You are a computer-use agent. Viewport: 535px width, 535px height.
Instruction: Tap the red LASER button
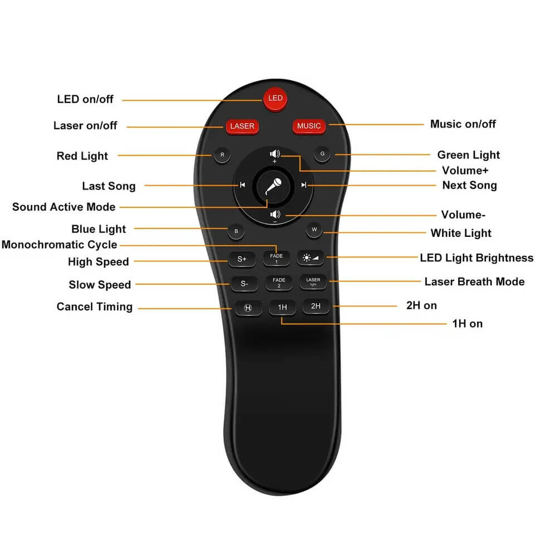point(242,126)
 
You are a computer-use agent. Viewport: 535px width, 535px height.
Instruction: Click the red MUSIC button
point(309,126)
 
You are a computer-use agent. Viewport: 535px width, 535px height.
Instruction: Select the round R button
point(222,155)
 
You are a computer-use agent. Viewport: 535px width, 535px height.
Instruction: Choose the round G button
point(322,153)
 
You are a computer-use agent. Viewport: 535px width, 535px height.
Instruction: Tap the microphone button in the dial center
point(273,185)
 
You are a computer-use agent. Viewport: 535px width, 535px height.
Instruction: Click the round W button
point(314,230)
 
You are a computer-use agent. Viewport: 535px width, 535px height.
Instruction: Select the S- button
point(244,283)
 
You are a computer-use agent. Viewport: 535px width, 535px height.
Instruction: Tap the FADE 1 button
point(276,259)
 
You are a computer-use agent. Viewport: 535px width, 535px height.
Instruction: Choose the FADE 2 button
point(279,283)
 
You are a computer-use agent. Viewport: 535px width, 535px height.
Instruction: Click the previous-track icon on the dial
point(242,185)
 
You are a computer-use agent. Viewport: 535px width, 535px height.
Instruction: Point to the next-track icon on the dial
point(304,185)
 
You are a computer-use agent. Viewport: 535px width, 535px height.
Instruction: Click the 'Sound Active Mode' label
point(64,207)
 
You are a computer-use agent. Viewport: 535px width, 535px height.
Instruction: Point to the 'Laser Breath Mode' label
point(474,281)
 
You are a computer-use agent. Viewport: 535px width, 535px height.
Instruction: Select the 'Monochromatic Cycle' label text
point(59,245)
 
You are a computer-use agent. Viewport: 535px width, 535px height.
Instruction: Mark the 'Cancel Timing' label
point(94,307)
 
